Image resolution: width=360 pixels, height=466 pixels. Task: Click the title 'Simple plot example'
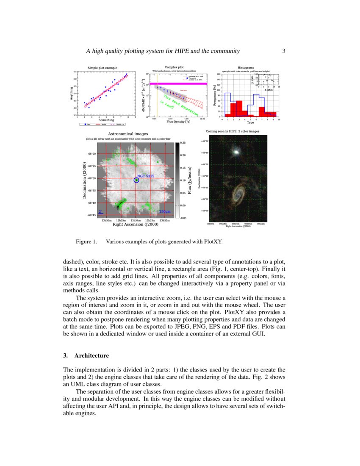click(x=102, y=68)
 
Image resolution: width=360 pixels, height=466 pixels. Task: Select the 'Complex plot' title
click(x=174, y=67)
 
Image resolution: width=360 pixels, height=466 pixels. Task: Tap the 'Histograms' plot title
click(x=246, y=67)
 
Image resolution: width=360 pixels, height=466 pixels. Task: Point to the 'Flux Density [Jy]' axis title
click(x=178, y=122)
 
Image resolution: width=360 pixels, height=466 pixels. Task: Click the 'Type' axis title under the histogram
click(x=250, y=122)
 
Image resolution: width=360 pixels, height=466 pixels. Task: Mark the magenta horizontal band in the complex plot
click(x=182, y=84)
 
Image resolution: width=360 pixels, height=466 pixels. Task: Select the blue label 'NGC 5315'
click(x=145, y=176)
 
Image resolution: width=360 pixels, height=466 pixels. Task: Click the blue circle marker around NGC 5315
click(x=136, y=180)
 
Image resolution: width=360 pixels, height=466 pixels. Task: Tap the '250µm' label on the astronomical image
click(x=165, y=211)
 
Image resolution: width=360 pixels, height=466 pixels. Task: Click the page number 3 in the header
click(x=284, y=51)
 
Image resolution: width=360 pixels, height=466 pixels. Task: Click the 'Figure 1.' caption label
click(x=86, y=242)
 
